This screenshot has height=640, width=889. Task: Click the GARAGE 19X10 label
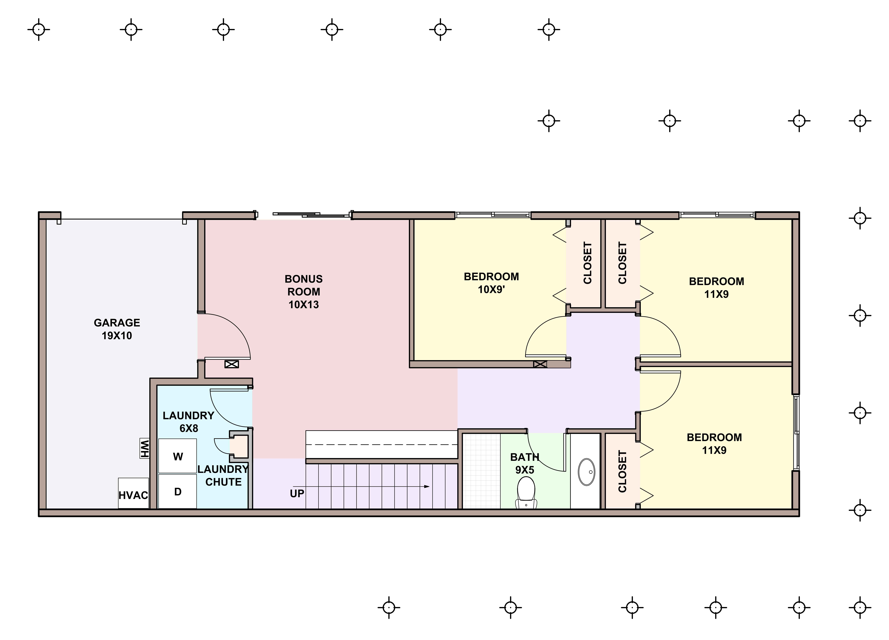(x=117, y=329)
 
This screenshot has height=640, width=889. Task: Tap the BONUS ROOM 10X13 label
(x=304, y=292)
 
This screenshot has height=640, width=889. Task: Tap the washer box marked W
(x=178, y=456)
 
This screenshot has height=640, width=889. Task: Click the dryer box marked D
(x=178, y=491)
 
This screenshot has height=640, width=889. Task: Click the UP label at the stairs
(x=297, y=493)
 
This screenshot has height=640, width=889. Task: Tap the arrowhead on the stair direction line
(x=427, y=486)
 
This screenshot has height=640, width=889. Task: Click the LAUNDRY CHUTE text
(x=223, y=475)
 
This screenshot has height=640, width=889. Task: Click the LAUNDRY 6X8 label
(x=189, y=422)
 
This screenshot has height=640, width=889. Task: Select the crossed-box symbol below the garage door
(x=231, y=364)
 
